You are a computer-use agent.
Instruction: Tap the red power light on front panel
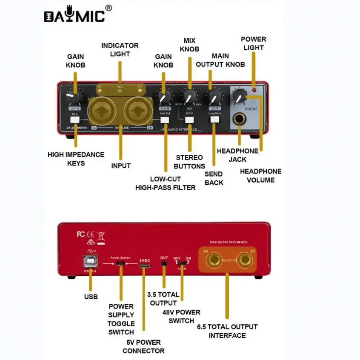[254, 90]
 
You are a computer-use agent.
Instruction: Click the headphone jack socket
[240, 120]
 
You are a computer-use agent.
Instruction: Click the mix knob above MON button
[190, 96]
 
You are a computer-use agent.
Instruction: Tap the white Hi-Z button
[75, 120]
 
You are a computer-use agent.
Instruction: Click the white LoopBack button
[214, 120]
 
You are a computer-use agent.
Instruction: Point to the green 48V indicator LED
[120, 91]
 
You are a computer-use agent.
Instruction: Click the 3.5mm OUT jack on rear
[164, 264]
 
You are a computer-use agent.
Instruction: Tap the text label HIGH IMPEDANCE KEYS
[76, 159]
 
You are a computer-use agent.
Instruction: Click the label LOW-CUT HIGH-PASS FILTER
[165, 183]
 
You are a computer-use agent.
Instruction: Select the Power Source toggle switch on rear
[121, 264]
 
